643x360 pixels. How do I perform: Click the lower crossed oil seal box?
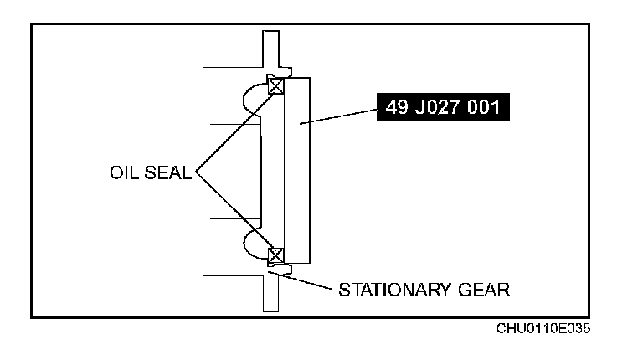(x=276, y=256)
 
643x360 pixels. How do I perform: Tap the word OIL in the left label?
(x=126, y=174)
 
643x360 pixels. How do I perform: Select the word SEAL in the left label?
(x=169, y=174)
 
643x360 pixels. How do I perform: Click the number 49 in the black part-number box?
(x=399, y=107)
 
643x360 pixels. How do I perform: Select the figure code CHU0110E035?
(x=543, y=327)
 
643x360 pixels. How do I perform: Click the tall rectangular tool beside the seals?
(x=298, y=168)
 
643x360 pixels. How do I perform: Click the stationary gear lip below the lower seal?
(x=281, y=269)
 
